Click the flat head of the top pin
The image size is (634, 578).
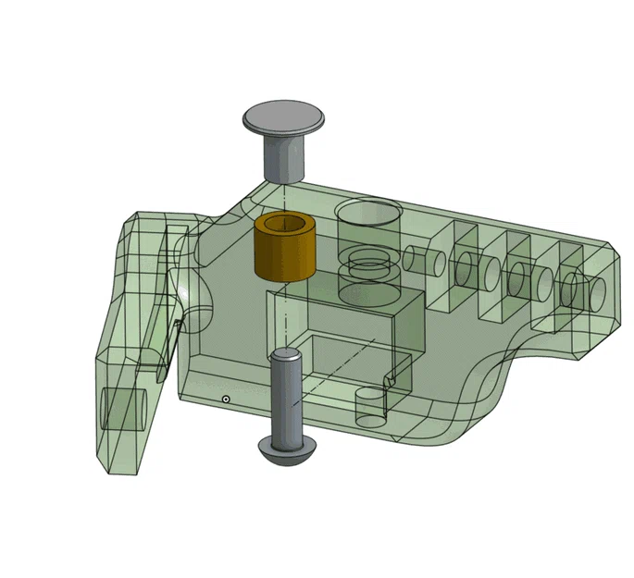285,118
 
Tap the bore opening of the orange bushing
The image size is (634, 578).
285,226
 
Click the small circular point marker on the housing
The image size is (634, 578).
225,399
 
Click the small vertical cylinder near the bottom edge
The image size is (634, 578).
369,407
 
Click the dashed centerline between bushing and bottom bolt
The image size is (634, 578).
286,314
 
